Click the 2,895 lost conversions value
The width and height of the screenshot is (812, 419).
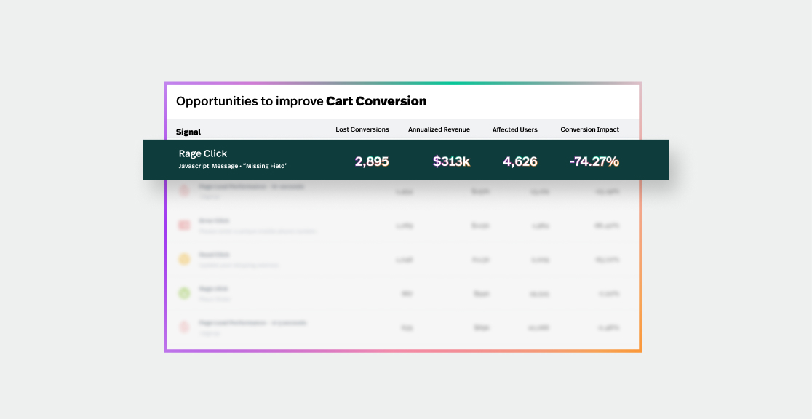372,161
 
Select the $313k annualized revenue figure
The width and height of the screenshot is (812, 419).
451,161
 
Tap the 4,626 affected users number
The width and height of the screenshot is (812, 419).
520,161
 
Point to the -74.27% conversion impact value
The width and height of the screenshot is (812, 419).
594,161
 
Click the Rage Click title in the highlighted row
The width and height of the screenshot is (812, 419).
203,153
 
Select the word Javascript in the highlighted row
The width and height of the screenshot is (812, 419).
194,167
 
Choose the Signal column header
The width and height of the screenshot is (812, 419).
188,132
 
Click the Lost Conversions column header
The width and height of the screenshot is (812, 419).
362,129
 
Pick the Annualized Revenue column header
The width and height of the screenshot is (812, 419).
439,129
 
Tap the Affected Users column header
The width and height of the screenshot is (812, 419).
515,129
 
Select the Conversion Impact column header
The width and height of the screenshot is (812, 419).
590,129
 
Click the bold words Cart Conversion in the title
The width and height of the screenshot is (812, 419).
376,101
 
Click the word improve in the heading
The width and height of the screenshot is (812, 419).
299,101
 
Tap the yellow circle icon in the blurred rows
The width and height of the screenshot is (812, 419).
184,258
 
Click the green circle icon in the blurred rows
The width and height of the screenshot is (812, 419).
184,293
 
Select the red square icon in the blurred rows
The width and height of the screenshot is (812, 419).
184,225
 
